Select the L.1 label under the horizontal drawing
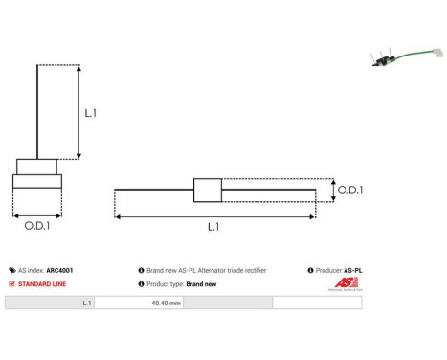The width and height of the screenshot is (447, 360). pyautogui.click(x=213, y=228)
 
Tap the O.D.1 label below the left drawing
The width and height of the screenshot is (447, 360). pyautogui.click(x=37, y=228)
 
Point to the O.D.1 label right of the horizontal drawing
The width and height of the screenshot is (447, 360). pyautogui.click(x=350, y=190)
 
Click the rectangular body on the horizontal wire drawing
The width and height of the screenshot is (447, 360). pyautogui.click(x=207, y=190)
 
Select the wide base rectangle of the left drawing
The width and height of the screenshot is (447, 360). pyautogui.click(x=36, y=181)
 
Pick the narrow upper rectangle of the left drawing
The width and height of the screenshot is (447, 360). pyautogui.click(x=36, y=165)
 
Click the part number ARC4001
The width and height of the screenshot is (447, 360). pyautogui.click(x=59, y=271)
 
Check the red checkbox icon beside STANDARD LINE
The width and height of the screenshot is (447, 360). pyautogui.click(x=11, y=284)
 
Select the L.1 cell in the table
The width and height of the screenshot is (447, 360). pyautogui.click(x=87, y=303)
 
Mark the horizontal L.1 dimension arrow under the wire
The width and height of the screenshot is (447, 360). pyautogui.click(x=214, y=217)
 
